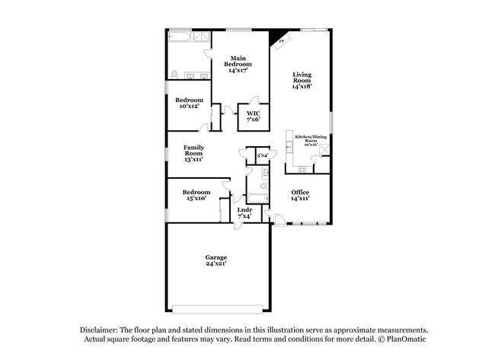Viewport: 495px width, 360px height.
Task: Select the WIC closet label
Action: click(252, 115)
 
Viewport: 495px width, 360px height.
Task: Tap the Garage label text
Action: click(216, 260)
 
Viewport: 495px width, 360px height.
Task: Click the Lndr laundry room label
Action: click(244, 212)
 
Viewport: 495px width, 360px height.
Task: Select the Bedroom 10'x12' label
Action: click(189, 104)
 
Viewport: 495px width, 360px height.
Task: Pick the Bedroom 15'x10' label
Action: click(196, 196)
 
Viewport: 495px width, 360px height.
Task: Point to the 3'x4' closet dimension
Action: click(263, 155)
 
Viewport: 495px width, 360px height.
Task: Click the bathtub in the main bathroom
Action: click(180, 37)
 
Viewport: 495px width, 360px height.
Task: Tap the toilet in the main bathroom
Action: click(174, 74)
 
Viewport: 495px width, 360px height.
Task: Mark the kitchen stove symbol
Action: click(290, 139)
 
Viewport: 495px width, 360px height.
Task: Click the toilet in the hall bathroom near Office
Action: click(263, 186)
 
